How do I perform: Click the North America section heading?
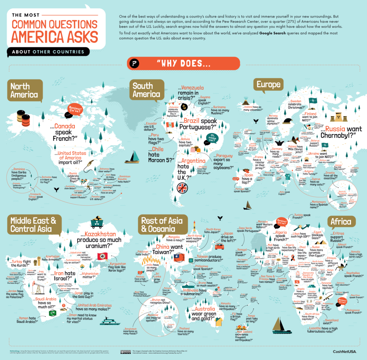coord(24,90)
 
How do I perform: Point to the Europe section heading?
coord(267,85)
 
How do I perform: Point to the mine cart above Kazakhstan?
coord(96,222)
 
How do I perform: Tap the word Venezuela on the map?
coord(192,88)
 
